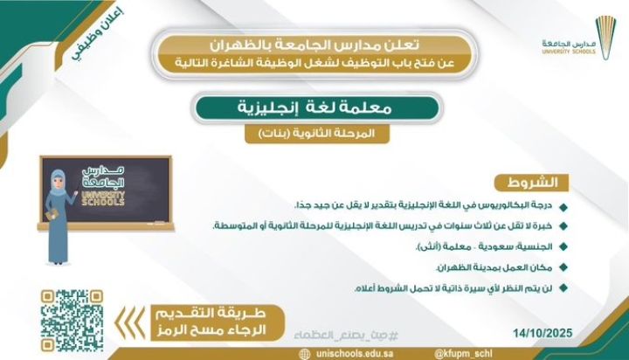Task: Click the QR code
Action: click(67, 315)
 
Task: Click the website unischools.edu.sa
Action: click(345, 352)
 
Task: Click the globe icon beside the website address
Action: click(304, 352)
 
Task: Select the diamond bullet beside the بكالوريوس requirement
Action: click(563, 207)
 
